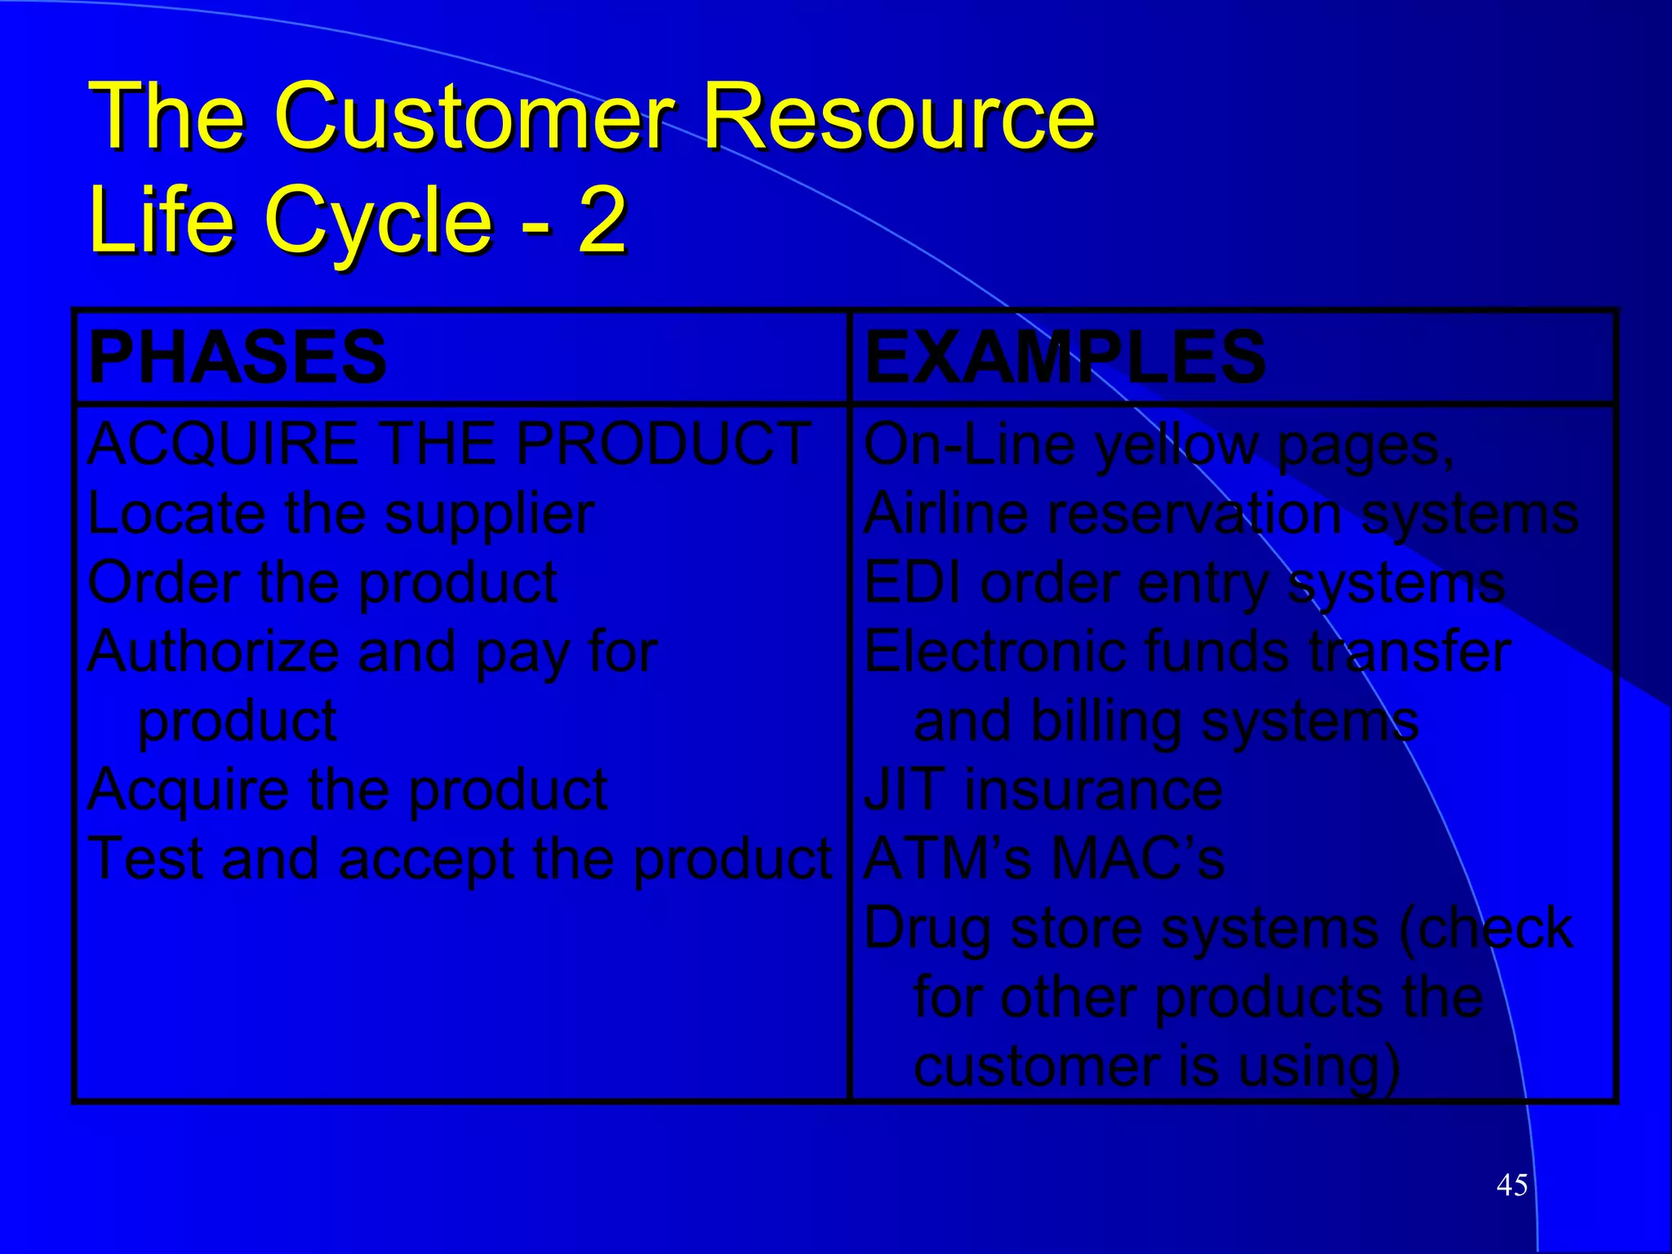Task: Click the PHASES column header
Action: tap(237, 357)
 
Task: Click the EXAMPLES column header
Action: tap(1064, 357)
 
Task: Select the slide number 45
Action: tap(1511, 1185)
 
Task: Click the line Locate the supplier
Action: tap(340, 514)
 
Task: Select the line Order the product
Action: tap(322, 583)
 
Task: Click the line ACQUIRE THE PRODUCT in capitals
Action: tap(448, 444)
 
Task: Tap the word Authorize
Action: tap(211, 652)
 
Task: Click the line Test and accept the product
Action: tap(460, 860)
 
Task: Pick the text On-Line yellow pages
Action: tap(1158, 446)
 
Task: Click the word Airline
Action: tap(946, 514)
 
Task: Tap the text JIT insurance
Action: tap(1043, 790)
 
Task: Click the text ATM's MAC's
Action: tap(1043, 860)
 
